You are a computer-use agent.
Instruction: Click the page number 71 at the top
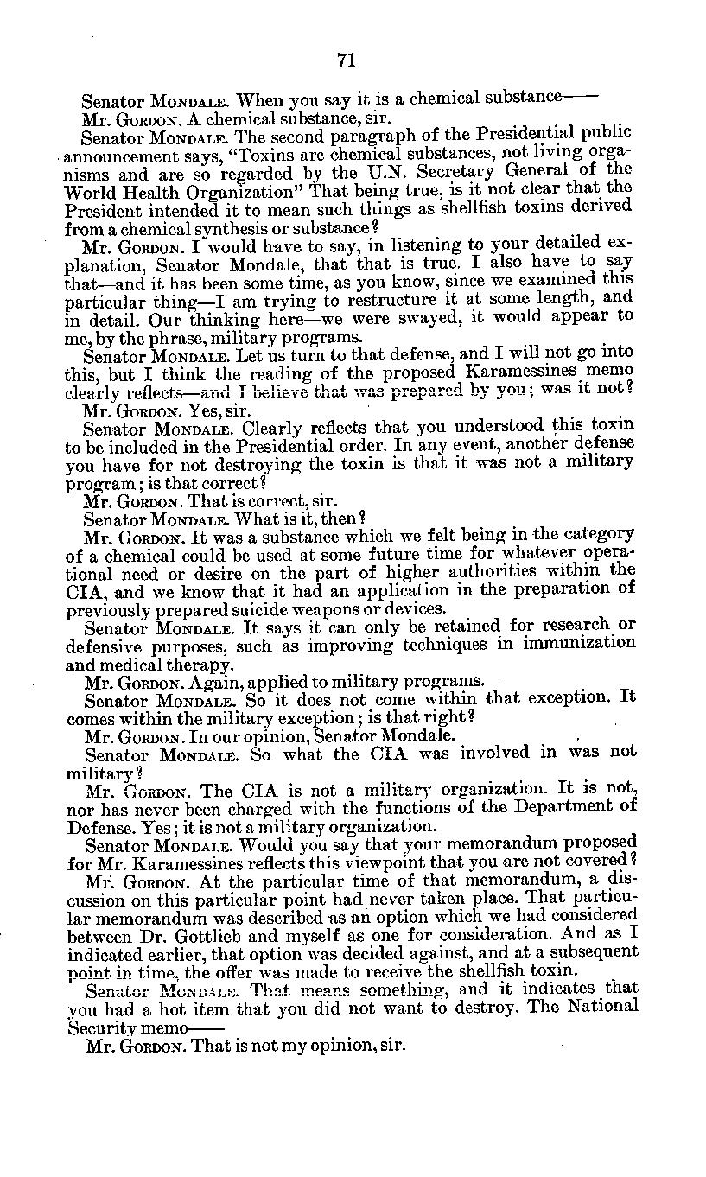346,59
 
